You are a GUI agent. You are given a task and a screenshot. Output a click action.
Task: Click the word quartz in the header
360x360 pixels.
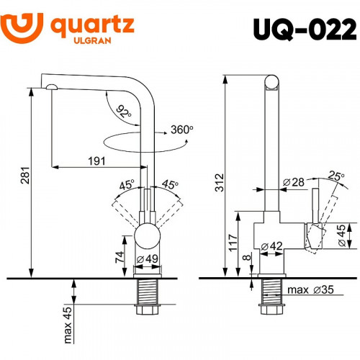coord(92,25)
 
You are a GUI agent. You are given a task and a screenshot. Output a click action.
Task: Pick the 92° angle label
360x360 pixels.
coord(124,113)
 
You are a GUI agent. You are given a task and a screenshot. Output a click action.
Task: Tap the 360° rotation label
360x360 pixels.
coord(182,130)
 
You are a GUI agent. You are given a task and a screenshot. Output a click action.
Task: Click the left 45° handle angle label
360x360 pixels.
coord(127,185)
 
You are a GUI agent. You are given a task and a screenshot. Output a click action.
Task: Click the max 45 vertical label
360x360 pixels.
coord(67,322)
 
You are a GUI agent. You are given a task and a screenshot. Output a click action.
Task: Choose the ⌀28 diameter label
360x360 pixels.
coord(292,182)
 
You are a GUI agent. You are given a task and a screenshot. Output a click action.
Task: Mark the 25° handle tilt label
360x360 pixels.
coord(336,174)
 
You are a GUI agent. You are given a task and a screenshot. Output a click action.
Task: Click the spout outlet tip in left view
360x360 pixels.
coord(52,87)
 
